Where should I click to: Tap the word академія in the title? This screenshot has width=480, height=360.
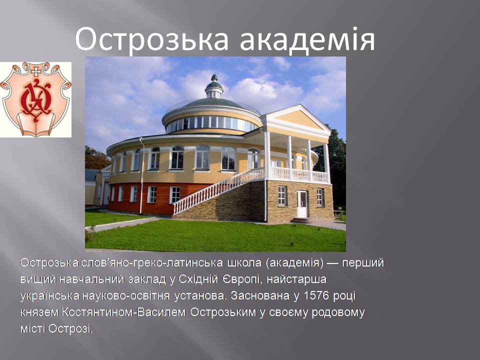(307, 38)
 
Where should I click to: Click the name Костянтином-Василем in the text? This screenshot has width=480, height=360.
(123, 312)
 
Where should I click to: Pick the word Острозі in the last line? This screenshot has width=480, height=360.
(70, 329)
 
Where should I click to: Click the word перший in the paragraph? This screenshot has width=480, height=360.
(363, 262)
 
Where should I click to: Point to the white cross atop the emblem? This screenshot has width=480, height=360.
(36, 71)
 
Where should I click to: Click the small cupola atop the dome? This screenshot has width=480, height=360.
(214, 86)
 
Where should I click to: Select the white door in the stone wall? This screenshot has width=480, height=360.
(302, 204)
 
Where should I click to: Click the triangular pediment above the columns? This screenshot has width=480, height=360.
(296, 119)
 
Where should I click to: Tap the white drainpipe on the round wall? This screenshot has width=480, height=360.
(141, 175)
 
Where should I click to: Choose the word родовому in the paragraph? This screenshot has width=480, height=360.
(338, 312)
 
